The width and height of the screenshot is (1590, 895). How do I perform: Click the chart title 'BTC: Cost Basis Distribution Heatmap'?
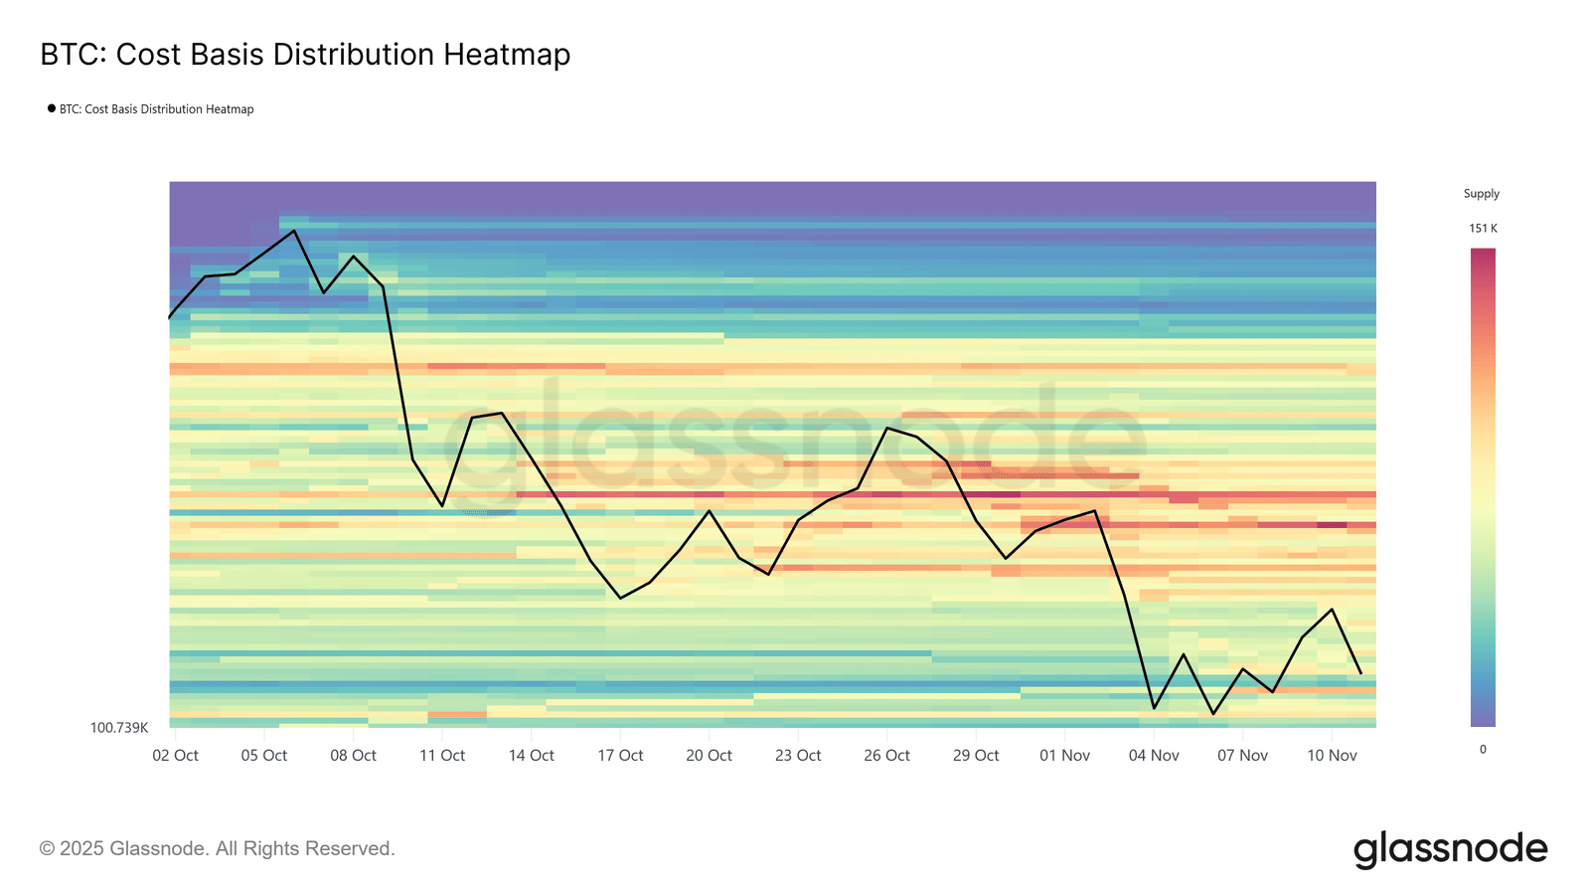pos(305,55)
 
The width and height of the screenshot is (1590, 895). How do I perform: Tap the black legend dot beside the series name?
pos(52,108)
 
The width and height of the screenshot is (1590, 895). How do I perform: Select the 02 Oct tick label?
pos(175,756)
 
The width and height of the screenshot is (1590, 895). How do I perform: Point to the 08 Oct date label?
pos(353,756)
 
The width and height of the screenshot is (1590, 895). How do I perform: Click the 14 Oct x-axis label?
pos(531,756)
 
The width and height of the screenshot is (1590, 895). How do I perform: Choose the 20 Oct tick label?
pos(709,756)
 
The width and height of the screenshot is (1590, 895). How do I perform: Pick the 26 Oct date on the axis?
pos(886,756)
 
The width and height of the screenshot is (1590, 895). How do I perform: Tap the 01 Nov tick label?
pos(1064,756)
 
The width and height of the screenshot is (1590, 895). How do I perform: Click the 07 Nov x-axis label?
pos(1242,756)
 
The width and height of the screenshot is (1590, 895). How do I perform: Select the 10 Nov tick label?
pos(1332,756)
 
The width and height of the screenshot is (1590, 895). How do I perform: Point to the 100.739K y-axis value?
pos(119,728)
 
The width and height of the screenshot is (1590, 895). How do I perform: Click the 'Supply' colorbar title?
pos(1481,194)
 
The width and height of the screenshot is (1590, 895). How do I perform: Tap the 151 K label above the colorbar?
pos(1483,229)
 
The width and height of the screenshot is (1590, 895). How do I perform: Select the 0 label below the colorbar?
pos(1483,750)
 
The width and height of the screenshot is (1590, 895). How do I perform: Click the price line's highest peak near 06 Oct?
pos(294,231)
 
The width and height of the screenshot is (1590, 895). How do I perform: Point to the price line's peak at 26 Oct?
pos(887,428)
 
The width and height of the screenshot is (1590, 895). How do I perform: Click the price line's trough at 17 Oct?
pos(620,599)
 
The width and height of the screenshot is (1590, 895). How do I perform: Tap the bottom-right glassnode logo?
pos(1450,849)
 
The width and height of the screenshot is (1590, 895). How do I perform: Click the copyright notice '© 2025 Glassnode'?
pos(217,849)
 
